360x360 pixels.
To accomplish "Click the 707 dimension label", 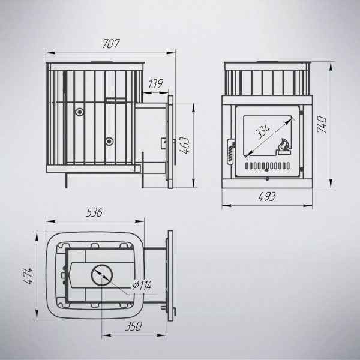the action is pos(111,44).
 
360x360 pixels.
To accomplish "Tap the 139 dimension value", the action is pos(155,84).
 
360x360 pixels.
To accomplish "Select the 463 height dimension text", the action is pos(184,146).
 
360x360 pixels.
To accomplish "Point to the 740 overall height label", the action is pos(322,124).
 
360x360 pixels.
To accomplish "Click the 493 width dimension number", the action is pos(267,197).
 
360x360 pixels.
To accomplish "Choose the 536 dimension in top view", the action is pos(94,212).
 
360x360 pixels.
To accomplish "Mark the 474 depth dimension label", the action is pos(28,276).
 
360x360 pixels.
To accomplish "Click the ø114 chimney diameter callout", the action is pos(142,286).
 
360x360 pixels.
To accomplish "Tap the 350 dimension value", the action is pos(134,326).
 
